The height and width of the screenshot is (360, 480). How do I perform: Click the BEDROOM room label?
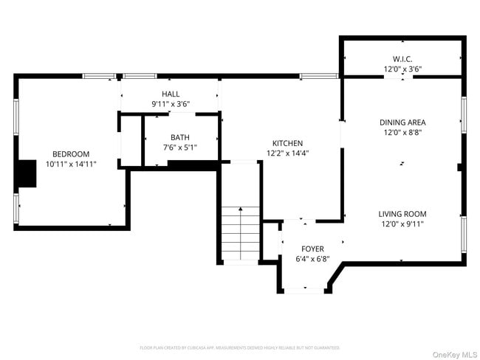pos(70,153)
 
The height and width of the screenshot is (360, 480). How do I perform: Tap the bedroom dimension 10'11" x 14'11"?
pos(70,164)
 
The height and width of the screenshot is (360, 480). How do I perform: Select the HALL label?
pos(171,94)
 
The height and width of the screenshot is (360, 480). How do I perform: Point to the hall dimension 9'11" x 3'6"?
pos(171,104)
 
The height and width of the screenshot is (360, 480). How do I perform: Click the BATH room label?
pos(180,137)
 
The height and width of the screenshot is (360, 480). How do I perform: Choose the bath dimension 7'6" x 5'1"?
pos(180,148)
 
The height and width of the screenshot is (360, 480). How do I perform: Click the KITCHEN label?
pos(287,143)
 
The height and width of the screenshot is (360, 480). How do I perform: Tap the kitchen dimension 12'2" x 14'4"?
pos(287,153)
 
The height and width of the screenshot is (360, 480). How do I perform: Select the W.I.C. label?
pos(402,59)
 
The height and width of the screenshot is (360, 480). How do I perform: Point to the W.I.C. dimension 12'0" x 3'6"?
pos(402,69)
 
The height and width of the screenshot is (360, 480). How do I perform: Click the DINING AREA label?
pos(402,122)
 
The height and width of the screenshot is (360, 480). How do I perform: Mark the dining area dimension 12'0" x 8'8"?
pos(402,133)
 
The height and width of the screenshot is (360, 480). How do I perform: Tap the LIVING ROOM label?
pos(403,214)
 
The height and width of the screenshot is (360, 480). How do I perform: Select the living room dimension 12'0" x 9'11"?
pos(403,224)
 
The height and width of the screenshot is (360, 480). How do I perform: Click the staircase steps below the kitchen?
pos(241,232)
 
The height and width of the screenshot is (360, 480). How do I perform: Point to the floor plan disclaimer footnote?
pos(239,347)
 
